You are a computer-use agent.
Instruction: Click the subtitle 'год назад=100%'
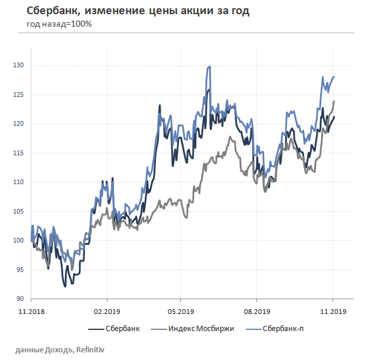59,24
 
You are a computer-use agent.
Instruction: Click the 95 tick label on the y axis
21,270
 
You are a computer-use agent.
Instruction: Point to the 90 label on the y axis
21,299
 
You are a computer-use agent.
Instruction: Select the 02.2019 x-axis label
106,310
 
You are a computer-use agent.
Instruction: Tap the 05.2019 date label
181,310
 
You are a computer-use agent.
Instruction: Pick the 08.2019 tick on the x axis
257,310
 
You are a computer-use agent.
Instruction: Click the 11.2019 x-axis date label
332,310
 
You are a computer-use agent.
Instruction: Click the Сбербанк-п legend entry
283,328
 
